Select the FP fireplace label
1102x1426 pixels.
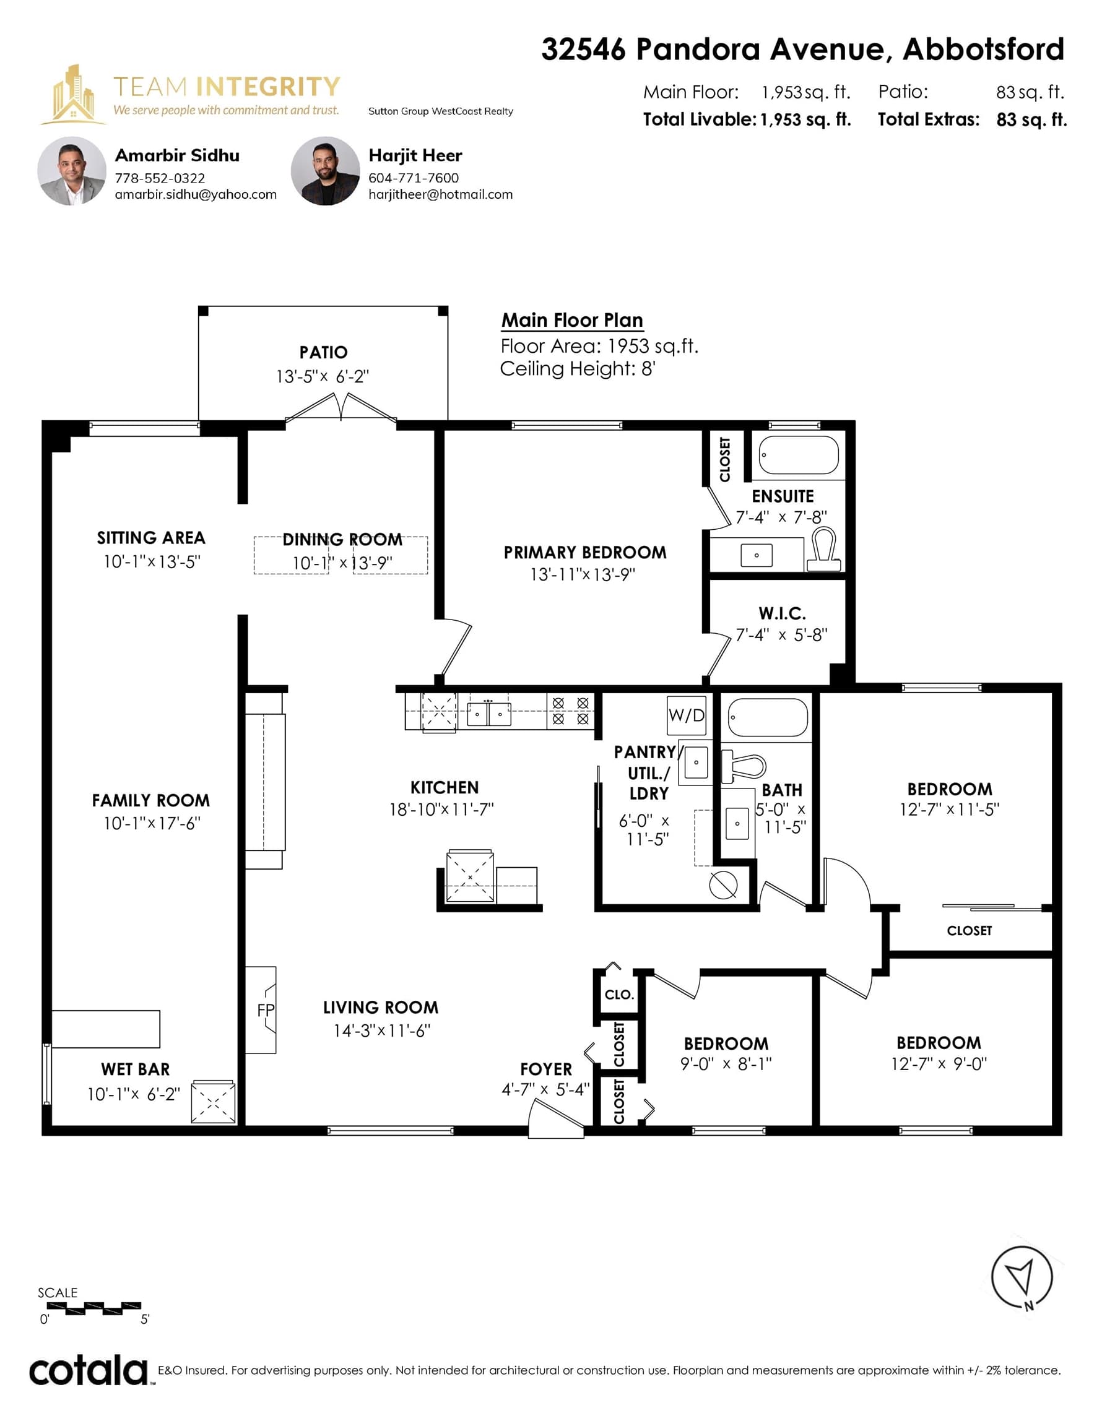click(266, 1010)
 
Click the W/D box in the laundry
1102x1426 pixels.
click(687, 715)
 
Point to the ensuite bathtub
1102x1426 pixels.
click(798, 455)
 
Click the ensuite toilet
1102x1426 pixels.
click(824, 549)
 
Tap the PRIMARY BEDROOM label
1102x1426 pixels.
click(584, 552)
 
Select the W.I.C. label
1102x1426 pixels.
click(782, 614)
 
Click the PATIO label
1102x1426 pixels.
click(323, 353)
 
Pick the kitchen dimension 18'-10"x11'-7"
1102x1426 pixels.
click(441, 810)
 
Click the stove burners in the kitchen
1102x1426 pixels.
click(570, 711)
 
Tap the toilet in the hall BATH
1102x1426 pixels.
click(744, 766)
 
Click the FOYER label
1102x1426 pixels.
click(546, 1069)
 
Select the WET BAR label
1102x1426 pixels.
click(135, 1069)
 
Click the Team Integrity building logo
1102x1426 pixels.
click(73, 95)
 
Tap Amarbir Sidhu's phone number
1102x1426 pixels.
click(160, 178)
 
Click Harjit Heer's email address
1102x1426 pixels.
click(440, 194)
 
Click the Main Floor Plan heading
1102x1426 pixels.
click(572, 320)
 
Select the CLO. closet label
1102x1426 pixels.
click(618, 995)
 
